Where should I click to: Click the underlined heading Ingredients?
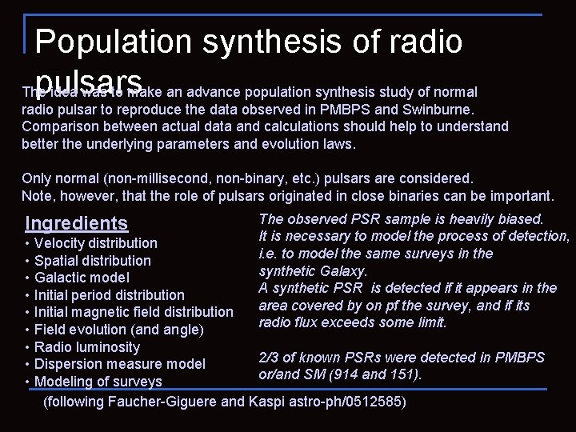coord(77,223)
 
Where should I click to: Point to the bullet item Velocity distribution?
coord(96,242)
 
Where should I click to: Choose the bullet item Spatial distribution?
coord(93,260)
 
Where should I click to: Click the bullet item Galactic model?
coord(82,278)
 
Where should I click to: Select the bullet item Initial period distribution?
coord(110,295)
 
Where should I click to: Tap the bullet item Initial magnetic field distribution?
coord(134,312)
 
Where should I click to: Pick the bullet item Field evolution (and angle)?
coord(119,330)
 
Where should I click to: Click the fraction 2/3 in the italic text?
coord(270,358)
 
